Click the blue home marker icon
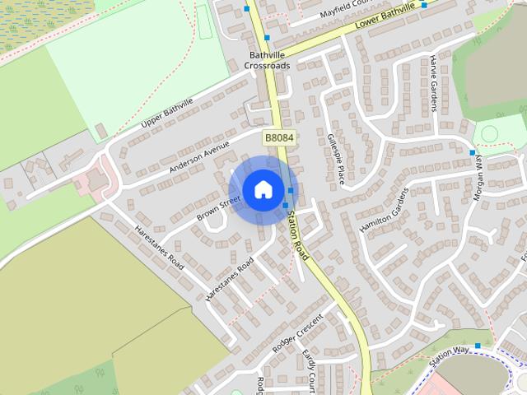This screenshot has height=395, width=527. coord(263,190)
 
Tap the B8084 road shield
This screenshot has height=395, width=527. coord(279,137)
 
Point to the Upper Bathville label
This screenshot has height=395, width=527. coord(167,114)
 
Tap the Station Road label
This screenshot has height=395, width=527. coord(298,235)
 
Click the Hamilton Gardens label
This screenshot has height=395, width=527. coord(384,210)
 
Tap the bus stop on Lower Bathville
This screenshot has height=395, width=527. coord(424,5)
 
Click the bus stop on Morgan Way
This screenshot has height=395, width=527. coord(472,153)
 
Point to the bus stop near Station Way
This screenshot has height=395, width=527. coord(478,346)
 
